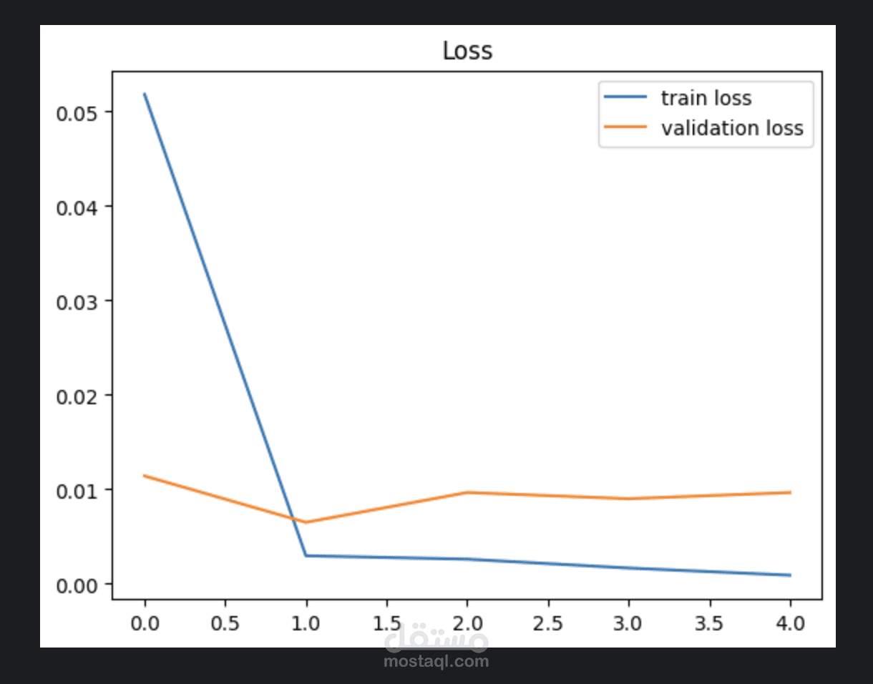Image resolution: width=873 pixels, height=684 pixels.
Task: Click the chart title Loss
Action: [467, 51]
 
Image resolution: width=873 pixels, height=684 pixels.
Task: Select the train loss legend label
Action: [706, 97]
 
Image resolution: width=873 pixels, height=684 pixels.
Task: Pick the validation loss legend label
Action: [731, 128]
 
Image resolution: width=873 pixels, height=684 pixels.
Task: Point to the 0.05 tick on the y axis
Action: [79, 112]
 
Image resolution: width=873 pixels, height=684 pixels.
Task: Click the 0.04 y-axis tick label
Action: [79, 207]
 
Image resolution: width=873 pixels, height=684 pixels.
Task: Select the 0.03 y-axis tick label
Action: [79, 301]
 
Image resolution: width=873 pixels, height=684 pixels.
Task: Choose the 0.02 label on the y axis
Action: [79, 396]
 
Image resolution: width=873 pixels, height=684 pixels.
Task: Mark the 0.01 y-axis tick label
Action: [79, 490]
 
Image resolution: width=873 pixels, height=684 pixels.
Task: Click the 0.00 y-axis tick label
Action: [79, 585]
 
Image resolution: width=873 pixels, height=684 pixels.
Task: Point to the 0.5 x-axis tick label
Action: [225, 623]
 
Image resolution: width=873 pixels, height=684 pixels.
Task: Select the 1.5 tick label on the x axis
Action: [386, 623]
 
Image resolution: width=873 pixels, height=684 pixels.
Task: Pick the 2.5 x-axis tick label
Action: [547, 623]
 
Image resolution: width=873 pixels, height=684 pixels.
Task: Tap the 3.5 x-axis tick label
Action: [708, 623]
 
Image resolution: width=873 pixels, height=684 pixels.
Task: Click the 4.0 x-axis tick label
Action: [789, 623]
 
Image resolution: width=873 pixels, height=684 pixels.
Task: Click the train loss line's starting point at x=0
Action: [145, 94]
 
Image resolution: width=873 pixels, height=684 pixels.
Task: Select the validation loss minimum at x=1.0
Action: [306, 522]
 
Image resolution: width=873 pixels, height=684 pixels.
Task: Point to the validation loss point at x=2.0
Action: [467, 492]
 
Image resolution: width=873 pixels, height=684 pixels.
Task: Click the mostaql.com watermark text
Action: [436, 661]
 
